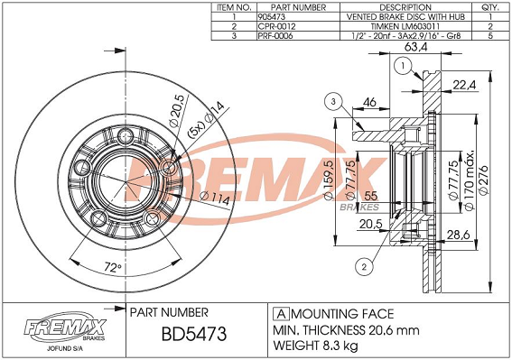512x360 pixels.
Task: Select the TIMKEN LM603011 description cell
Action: pos(405,26)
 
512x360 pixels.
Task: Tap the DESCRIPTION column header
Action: pos(405,7)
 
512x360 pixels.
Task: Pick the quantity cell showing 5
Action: pos(490,35)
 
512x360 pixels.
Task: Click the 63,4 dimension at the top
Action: pos(415,47)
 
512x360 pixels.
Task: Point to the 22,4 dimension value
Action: pos(464,85)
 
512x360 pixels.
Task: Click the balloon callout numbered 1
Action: pos(404,66)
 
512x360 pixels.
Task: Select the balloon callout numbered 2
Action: pos(364,267)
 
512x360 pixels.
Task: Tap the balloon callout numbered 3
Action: pos(333,102)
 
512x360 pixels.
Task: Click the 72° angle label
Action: pos(113,268)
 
